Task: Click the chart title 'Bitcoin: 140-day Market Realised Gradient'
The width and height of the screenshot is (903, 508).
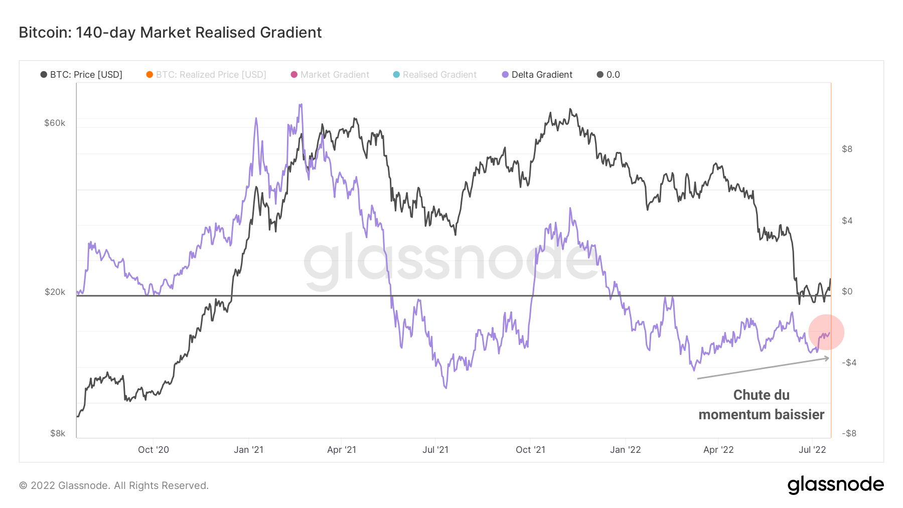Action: pos(170,33)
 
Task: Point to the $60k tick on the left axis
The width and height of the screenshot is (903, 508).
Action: pos(55,123)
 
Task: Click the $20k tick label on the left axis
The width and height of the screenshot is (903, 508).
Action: pos(55,292)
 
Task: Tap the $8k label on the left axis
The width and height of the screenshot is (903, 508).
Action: pos(58,433)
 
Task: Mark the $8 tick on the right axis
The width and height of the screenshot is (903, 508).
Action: pos(847,149)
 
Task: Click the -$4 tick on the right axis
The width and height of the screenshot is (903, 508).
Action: pos(849,363)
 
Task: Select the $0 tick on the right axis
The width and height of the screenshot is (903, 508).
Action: pos(847,291)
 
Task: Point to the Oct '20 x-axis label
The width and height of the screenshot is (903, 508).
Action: pos(154,450)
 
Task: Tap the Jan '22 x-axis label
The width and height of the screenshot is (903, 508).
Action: pos(625,450)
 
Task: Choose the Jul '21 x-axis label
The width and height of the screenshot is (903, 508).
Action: pos(435,450)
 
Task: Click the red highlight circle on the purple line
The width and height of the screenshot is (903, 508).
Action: pos(826,332)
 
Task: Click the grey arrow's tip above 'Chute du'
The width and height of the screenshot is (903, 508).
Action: pos(829,358)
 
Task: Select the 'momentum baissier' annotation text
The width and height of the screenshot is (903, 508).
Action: pos(761,415)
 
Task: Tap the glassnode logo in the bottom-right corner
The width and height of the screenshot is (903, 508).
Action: pos(835,485)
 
